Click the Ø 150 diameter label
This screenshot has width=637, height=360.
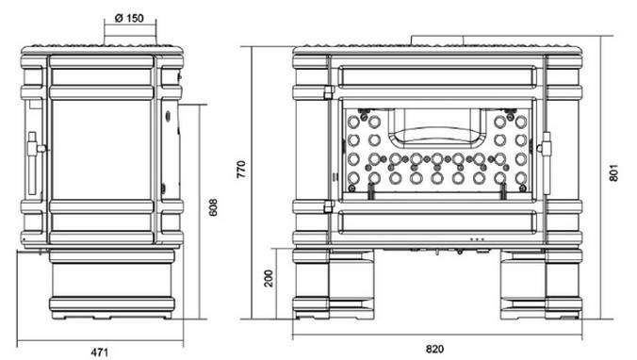(x=129, y=18)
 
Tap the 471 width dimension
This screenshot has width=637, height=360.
(x=100, y=352)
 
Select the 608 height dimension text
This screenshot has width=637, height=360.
(x=213, y=207)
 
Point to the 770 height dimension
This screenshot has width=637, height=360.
(x=241, y=170)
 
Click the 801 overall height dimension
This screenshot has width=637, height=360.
(x=613, y=172)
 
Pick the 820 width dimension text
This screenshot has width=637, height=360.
(x=434, y=349)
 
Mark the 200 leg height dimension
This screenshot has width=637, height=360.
(x=269, y=278)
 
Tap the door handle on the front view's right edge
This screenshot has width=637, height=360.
(x=546, y=162)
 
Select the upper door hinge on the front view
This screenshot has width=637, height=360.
(x=329, y=92)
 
